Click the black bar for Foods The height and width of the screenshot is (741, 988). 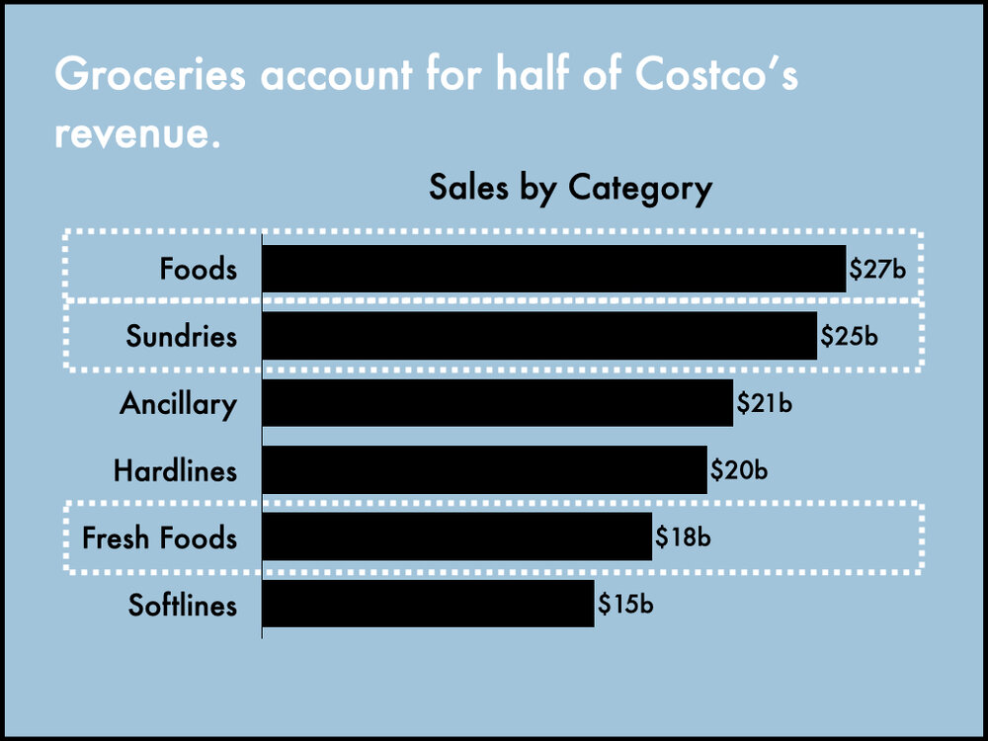coord(553,269)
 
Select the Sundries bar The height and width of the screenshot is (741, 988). coord(539,336)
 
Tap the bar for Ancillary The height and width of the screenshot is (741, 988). coord(497,403)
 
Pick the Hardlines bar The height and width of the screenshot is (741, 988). coord(484,469)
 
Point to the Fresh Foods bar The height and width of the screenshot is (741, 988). coord(456,536)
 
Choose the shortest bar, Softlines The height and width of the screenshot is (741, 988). coord(428,603)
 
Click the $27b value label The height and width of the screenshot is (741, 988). coord(877,269)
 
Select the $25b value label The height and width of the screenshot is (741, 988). coord(849,336)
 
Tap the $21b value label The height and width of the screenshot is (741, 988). coord(765,403)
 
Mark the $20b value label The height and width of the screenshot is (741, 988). coord(739,469)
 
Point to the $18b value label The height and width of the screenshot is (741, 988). coord(684,537)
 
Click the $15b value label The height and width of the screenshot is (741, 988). coord(625,604)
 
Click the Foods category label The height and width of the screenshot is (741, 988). coord(199,269)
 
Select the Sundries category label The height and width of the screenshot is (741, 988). coord(182,336)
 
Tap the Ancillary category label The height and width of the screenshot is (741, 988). coord(178,404)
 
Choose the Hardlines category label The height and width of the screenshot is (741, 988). coord(175,470)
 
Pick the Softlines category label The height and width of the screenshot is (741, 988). coord(183,604)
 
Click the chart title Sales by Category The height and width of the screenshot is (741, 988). coord(570,187)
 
